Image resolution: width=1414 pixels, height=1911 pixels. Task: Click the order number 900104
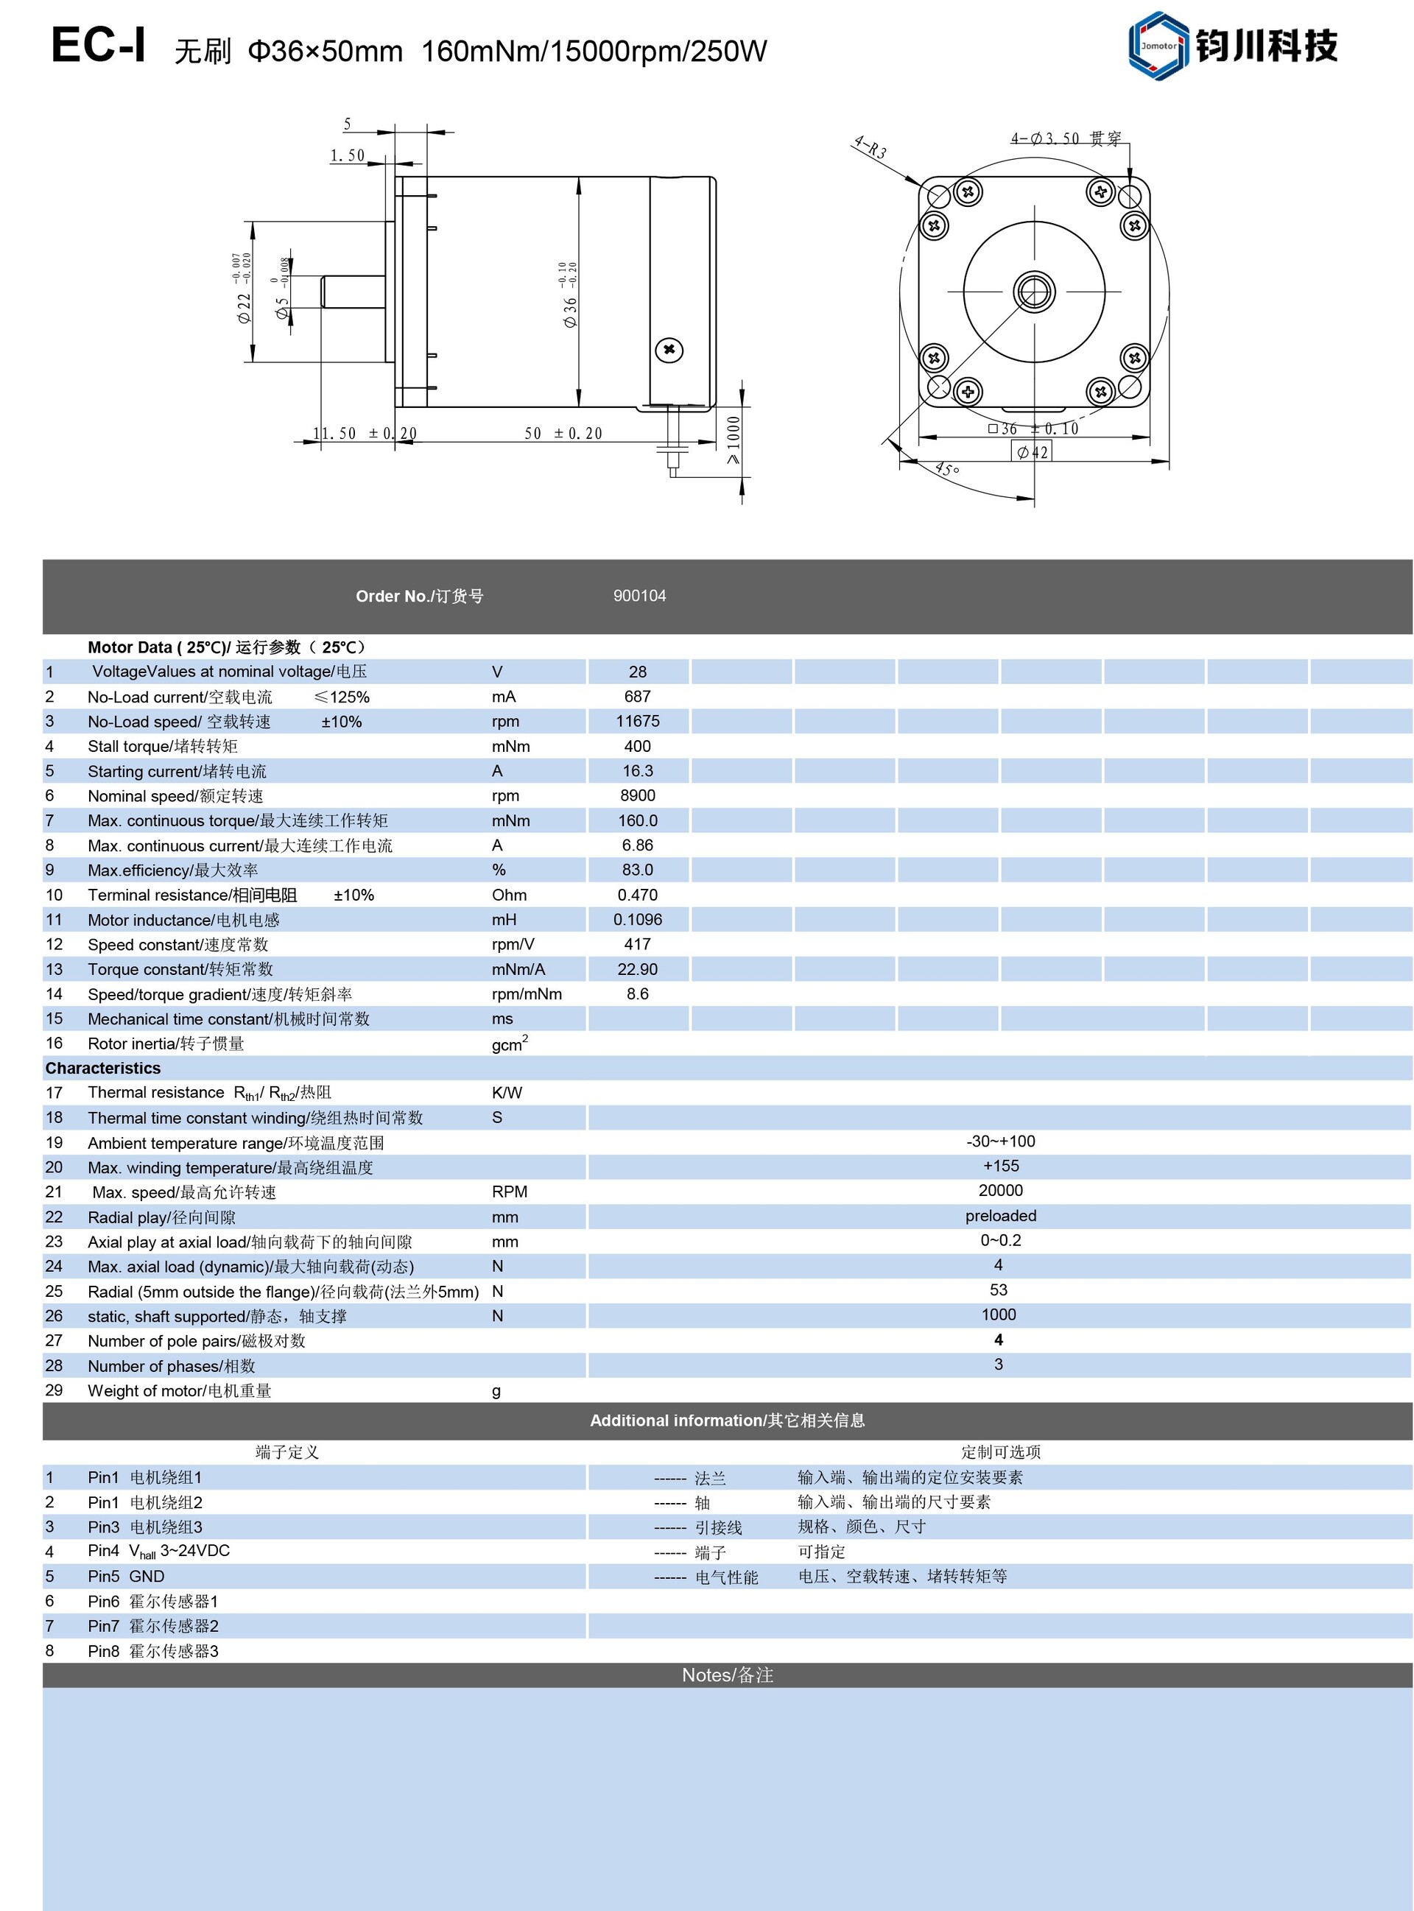tap(639, 596)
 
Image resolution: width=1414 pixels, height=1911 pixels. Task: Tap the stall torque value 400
tap(637, 746)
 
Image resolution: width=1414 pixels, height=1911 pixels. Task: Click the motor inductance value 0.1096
tap(638, 920)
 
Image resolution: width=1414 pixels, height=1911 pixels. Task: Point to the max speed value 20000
tap(999, 1191)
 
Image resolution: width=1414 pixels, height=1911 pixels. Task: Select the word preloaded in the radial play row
tap(999, 1216)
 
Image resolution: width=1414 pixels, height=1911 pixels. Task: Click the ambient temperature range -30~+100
tap(999, 1141)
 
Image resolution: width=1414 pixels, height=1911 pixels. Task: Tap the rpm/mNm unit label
tap(527, 994)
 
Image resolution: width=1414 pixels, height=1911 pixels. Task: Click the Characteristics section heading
tap(102, 1068)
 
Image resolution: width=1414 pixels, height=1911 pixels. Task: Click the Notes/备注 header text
tap(727, 1675)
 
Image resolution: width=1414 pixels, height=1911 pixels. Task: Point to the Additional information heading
tap(727, 1421)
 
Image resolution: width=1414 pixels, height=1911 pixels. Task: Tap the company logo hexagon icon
tap(1158, 46)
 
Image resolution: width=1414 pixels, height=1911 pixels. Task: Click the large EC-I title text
tap(99, 46)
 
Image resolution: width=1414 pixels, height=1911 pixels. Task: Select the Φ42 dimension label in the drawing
tap(1033, 452)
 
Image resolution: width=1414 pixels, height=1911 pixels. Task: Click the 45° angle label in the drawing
tap(946, 469)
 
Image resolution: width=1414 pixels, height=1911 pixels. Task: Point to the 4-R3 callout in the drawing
tap(870, 147)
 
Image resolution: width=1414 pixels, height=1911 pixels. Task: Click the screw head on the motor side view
tap(669, 350)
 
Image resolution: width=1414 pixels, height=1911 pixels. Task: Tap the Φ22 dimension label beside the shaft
tap(245, 306)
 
